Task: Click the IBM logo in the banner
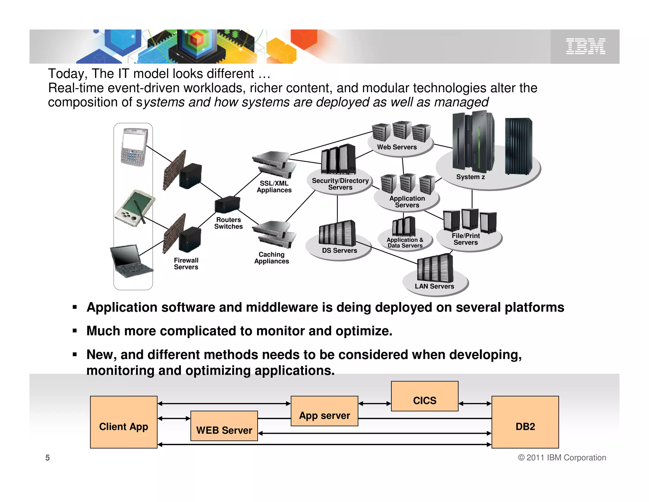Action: (x=586, y=46)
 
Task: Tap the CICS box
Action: (x=425, y=396)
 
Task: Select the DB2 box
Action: (x=525, y=422)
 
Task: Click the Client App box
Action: (x=124, y=422)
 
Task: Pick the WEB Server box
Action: (x=224, y=426)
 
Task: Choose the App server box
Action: (x=324, y=411)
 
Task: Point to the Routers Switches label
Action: (x=228, y=223)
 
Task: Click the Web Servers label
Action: (x=397, y=147)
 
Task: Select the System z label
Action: (x=470, y=177)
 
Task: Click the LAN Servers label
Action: (x=434, y=286)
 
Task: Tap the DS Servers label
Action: (x=339, y=251)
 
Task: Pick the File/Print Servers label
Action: (x=466, y=239)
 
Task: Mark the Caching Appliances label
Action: (x=272, y=258)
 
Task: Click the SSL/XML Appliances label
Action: (x=274, y=187)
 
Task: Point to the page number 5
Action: (x=48, y=458)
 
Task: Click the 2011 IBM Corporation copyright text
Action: (x=562, y=458)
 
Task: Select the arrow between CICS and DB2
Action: (x=475, y=404)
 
